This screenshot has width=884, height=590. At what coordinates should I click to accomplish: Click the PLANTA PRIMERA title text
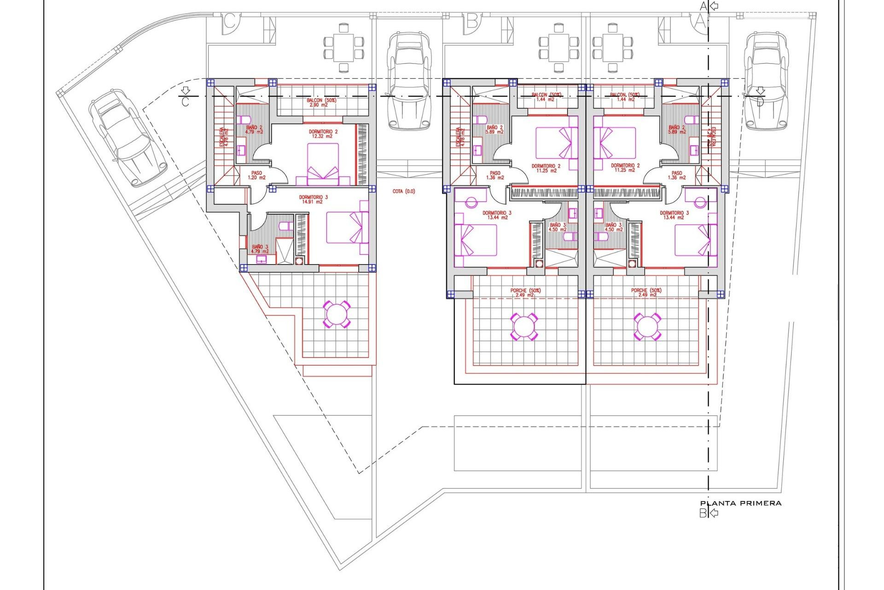pos(740,503)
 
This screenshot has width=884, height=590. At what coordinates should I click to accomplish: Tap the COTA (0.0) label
pos(404,191)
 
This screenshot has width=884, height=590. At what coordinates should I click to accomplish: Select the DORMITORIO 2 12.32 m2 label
pos(323,134)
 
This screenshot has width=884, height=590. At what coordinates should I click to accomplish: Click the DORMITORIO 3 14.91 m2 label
pos(313,200)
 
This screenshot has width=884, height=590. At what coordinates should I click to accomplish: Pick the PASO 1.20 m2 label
pos(256,175)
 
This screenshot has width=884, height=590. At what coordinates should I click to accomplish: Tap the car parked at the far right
pos(765,81)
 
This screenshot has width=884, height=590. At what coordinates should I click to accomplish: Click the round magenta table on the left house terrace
pos(337,314)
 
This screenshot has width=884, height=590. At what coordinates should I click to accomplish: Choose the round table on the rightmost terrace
pos(647,326)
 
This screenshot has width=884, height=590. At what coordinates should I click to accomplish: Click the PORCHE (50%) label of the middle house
pos(525,293)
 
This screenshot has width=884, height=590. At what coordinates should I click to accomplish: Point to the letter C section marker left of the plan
pos(185,102)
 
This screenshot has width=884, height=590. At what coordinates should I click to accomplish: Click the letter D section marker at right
pos(760,102)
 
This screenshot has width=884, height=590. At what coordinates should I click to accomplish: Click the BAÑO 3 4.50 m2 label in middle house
pos(558,227)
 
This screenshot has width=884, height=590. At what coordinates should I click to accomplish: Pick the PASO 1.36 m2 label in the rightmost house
pos(676,175)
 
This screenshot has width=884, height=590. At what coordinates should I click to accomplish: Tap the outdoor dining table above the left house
pos(343,48)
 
